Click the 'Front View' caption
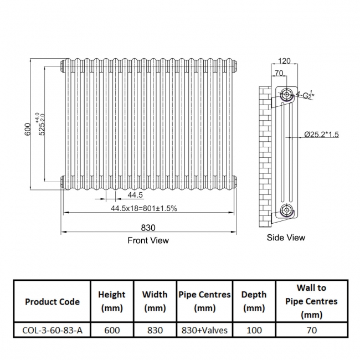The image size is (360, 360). [x=148, y=240]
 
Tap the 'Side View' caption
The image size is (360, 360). [x=286, y=238]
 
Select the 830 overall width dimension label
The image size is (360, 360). [x=148, y=227]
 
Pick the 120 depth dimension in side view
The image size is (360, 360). [x=285, y=61]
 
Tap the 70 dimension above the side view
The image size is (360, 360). [x=279, y=73]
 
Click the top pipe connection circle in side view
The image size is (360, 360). [x=286, y=92]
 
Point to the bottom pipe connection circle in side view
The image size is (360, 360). [x=286, y=210]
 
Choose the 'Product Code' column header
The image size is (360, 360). [x=52, y=302]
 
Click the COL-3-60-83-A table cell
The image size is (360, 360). [x=52, y=330]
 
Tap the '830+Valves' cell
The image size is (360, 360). [x=204, y=330]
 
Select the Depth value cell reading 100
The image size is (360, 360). [x=254, y=330]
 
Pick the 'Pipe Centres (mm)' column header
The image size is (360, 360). [x=204, y=302]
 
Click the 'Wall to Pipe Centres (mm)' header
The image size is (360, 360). [x=311, y=302]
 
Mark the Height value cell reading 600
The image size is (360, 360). [x=111, y=330]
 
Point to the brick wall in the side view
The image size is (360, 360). [x=266, y=155]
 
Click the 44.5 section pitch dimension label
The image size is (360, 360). [x=135, y=195]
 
